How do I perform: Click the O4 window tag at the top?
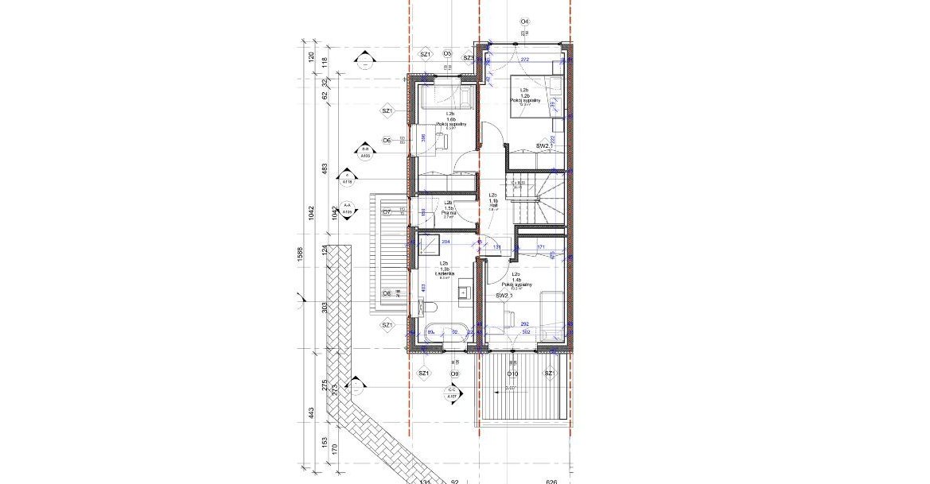[x=524, y=21]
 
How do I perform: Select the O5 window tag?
[x=447, y=53]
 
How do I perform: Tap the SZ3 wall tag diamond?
[x=469, y=57]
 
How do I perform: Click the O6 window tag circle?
[x=387, y=140]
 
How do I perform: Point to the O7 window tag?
[x=387, y=212]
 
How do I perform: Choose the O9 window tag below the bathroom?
[x=454, y=374]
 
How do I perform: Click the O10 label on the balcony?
[x=513, y=374]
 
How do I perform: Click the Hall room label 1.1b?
[x=492, y=203]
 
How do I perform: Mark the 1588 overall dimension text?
[x=301, y=254]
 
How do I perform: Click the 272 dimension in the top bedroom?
[x=524, y=60]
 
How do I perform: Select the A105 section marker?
[x=365, y=153]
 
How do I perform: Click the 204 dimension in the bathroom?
[x=445, y=242]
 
